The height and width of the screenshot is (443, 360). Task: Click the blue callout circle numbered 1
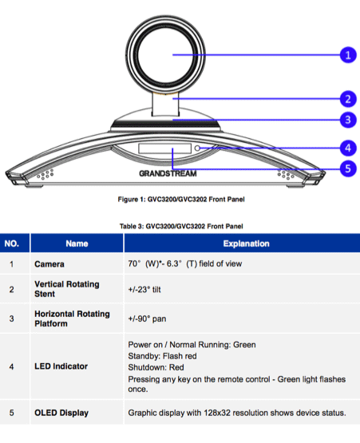tap(348, 55)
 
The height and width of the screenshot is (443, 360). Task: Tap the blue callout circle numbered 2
tap(348, 99)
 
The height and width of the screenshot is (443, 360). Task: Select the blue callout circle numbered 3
tap(348, 120)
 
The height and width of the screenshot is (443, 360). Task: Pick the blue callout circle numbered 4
tap(348, 148)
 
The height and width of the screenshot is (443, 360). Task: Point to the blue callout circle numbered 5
tap(348, 168)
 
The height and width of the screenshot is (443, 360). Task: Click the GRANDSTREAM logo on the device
tap(168, 173)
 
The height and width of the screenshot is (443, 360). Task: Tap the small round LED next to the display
tap(197, 148)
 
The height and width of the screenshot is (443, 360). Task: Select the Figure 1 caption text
tap(181, 200)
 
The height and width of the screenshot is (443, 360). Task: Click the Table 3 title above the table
tap(181, 226)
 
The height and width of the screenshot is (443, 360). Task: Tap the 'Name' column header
tap(77, 243)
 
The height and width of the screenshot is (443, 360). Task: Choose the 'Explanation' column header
tap(246, 243)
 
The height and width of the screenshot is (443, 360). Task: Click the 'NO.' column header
tap(12, 243)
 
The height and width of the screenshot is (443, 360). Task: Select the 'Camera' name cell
tap(49, 264)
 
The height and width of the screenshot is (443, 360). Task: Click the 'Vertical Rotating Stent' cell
tap(67, 289)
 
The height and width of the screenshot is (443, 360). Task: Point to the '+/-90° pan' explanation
tap(147, 318)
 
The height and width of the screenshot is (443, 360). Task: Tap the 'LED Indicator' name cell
tap(61, 366)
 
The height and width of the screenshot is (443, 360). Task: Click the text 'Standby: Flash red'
tap(162, 356)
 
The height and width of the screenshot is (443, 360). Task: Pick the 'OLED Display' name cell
tap(61, 413)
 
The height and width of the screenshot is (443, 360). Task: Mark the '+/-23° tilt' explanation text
tap(144, 290)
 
